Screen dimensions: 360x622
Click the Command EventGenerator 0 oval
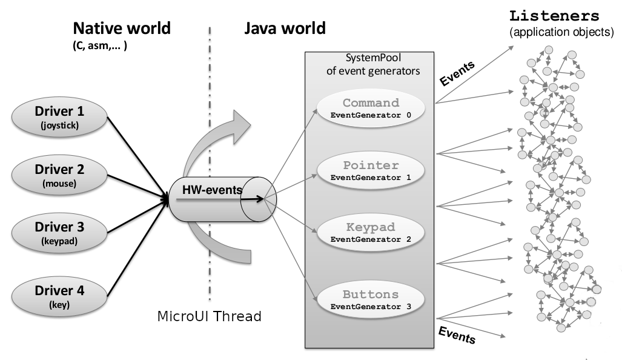coord(371,108)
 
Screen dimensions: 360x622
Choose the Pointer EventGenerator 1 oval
coord(371,171)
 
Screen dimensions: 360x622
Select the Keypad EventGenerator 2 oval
coord(371,233)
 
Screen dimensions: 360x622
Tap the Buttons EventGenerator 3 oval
coord(371,300)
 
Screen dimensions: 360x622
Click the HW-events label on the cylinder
coord(212,190)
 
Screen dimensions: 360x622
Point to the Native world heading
coord(121,28)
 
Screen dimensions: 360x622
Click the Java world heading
coord(284,28)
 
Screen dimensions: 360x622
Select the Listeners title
coord(555,16)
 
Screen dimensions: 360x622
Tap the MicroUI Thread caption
coord(209,316)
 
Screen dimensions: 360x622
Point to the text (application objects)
coord(561,32)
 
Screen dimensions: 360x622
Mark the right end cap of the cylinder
coord(259,200)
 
